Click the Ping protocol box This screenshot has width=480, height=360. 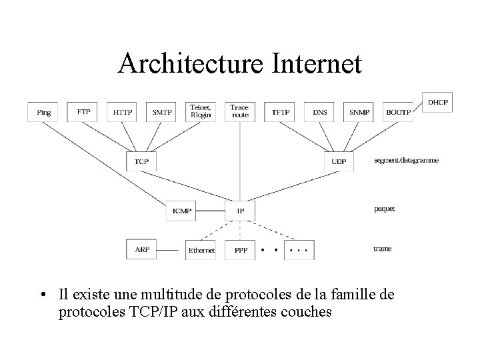44,112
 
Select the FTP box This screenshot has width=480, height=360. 83,112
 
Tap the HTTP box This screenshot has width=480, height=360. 123,112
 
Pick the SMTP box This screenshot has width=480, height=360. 162,112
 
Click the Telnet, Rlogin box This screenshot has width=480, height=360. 201,111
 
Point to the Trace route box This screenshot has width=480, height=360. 240,111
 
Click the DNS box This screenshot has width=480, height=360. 320,112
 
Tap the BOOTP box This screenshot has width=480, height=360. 399,112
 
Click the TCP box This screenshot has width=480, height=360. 141,161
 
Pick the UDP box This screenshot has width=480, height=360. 339,161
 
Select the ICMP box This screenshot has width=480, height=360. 181,211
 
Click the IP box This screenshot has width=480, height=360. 241,211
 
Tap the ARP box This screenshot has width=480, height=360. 142,250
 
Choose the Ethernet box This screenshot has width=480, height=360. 201,251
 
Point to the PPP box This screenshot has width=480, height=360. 241,251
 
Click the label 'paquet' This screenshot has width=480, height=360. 384,209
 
